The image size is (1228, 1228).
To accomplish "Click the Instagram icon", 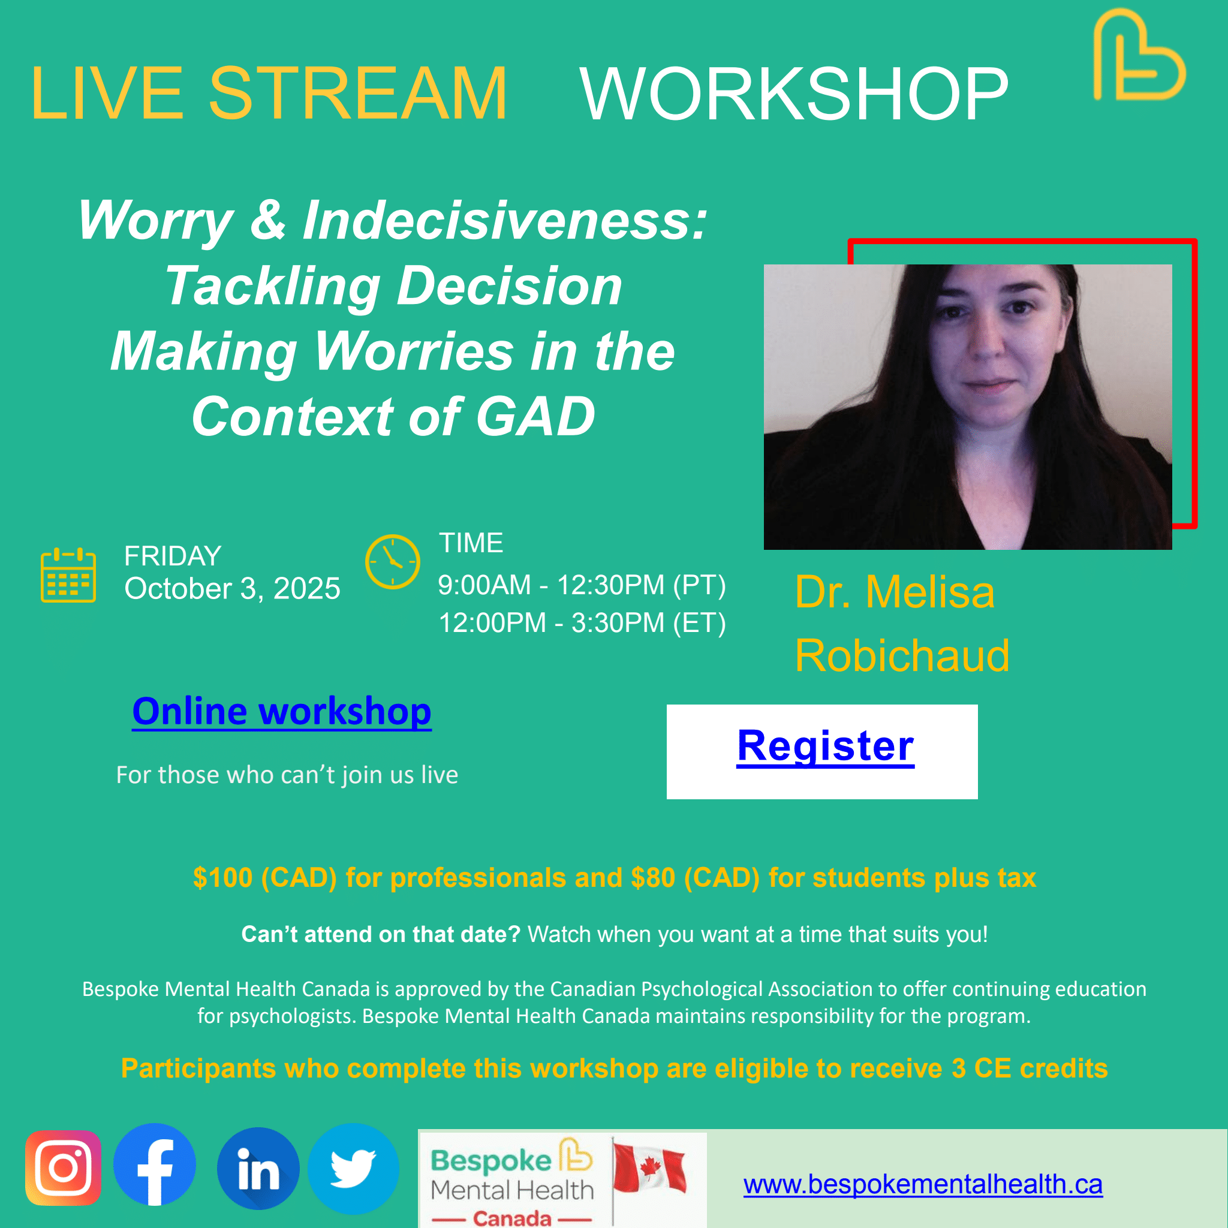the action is click(63, 1167).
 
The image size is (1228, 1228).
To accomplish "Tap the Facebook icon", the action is click(155, 1164).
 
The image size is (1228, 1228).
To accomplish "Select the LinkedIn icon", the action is click(258, 1168).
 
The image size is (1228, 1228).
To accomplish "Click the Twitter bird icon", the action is click(353, 1168).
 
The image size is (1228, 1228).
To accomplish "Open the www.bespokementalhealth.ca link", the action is click(923, 1184).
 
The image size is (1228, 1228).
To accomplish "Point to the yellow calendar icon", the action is click(68, 574).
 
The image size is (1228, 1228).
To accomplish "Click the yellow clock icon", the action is click(392, 561).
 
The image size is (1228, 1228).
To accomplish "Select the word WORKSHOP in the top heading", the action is click(794, 94).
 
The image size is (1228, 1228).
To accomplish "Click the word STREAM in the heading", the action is click(358, 94).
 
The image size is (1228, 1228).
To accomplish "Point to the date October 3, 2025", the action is click(232, 589).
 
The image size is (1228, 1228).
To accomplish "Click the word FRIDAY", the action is click(173, 556).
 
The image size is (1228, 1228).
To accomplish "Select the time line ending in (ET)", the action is click(582, 623).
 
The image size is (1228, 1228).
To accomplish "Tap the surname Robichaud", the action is click(902, 655).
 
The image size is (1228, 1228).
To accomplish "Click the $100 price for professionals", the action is click(222, 878).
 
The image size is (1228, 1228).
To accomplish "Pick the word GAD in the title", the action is click(535, 416).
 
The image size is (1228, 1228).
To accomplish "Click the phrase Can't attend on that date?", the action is click(381, 934).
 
